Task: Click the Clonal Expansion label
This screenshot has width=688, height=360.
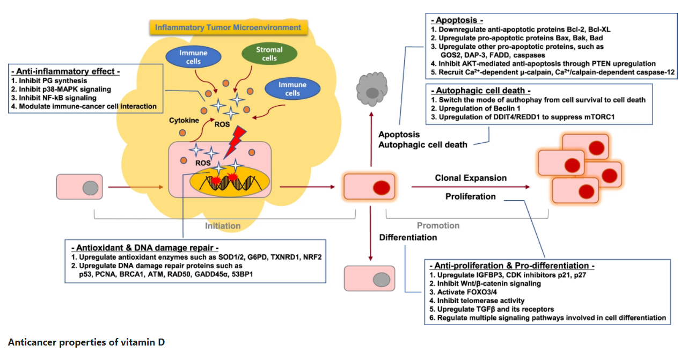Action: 470,178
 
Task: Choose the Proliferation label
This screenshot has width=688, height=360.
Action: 471,196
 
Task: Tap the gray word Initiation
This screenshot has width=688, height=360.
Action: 223,226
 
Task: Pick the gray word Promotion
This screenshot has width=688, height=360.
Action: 438,226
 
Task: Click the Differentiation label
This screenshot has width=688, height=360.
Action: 408,237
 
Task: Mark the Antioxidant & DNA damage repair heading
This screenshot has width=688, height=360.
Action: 145,248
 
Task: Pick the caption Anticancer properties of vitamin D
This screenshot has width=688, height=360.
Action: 86,342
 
